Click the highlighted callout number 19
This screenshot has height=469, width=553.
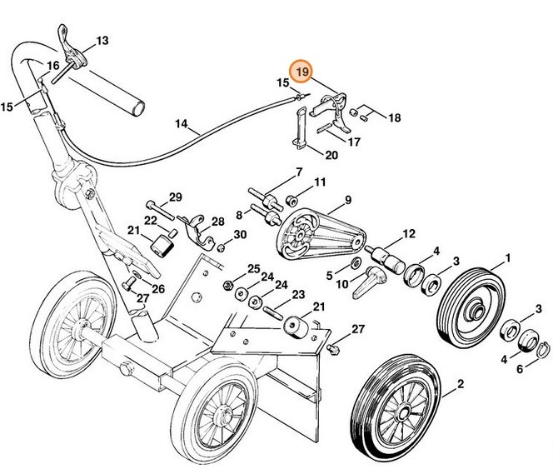(x=301, y=72)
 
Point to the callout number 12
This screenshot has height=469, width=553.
(x=408, y=234)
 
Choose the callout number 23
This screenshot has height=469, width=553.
(x=297, y=294)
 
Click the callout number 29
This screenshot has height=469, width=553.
(x=175, y=197)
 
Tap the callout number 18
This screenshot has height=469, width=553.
(x=394, y=117)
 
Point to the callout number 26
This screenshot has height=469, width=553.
(x=158, y=288)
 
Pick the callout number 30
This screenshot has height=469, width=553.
(x=240, y=234)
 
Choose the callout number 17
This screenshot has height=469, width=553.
(x=354, y=142)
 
